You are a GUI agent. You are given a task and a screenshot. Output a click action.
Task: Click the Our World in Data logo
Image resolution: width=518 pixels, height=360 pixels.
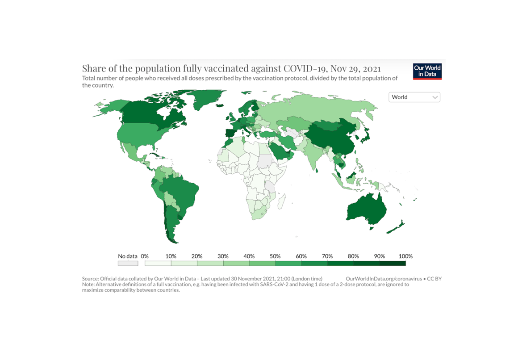pos(427,71)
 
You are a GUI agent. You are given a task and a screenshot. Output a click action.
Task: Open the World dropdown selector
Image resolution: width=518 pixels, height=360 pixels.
pos(414,97)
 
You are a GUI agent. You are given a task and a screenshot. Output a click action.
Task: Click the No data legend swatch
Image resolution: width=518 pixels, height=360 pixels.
pos(128,264)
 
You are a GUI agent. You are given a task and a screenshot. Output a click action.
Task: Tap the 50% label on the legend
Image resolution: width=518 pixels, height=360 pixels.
pos(275,256)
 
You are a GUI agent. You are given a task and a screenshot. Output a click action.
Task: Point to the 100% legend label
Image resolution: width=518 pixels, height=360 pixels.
pos(405,256)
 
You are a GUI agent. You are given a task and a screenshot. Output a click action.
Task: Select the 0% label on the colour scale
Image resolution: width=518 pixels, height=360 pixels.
pos(145,256)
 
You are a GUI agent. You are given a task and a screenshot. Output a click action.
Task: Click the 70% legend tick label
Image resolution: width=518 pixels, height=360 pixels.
pos(327,256)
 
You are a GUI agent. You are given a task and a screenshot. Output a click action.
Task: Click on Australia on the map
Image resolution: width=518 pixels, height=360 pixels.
pos(366,210)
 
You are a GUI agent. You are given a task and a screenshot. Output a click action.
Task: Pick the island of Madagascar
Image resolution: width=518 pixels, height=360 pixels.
pos(281,203)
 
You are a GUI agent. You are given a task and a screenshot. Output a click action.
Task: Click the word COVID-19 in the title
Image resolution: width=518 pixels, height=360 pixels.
pos(303,68)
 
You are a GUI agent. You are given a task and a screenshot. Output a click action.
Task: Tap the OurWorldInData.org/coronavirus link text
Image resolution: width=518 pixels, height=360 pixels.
pos(384,279)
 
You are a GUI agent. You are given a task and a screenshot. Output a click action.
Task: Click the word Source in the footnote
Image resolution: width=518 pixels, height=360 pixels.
pos(91,279)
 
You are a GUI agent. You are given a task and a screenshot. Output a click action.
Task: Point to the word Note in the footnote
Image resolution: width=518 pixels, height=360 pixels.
pos(88,284)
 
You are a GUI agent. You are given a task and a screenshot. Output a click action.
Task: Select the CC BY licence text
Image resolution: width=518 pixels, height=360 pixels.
pos(434,279)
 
